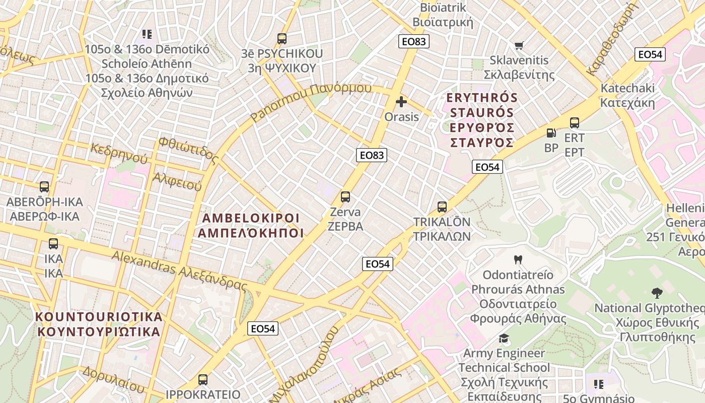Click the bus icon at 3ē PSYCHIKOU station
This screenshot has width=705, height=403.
coord(281,38)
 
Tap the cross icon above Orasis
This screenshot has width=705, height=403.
coord(401,102)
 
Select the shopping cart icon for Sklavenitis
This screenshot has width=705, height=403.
coord(519,45)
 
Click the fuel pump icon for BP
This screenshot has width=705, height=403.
coord(551,133)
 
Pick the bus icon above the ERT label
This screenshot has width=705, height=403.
coord(575,122)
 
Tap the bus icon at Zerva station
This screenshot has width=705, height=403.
coord(345,197)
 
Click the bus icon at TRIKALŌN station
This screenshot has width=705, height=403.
coord(442,207)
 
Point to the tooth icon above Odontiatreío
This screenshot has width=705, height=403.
coord(517,260)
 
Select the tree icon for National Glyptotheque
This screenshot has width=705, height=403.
coord(657,293)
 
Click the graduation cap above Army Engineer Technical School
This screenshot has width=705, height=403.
coord(504,338)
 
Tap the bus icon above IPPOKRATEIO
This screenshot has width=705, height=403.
coord(202,379)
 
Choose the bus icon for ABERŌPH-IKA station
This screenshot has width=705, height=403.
coord(44,187)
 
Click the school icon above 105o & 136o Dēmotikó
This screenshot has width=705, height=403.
coord(147,34)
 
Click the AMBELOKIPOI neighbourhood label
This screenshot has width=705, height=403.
coord(251,225)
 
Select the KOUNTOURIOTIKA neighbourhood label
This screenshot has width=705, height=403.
coord(99,324)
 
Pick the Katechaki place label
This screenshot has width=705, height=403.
coord(627,95)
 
